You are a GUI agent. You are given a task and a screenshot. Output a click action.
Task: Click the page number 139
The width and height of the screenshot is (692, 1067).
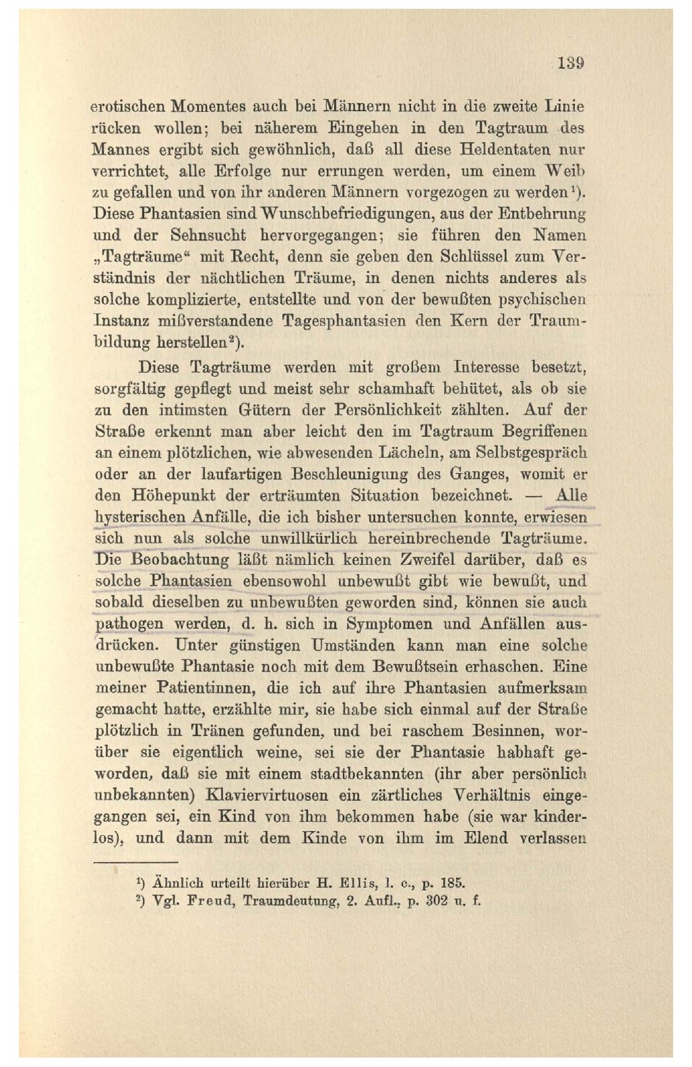(x=570, y=63)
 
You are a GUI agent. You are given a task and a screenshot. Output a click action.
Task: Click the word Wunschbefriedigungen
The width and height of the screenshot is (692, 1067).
(x=350, y=214)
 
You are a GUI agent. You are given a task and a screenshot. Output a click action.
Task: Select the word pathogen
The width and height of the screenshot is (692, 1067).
(x=129, y=624)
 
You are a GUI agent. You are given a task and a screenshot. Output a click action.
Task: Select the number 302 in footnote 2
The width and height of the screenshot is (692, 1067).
(x=437, y=901)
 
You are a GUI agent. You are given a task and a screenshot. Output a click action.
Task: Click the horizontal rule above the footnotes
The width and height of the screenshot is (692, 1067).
(x=135, y=862)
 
